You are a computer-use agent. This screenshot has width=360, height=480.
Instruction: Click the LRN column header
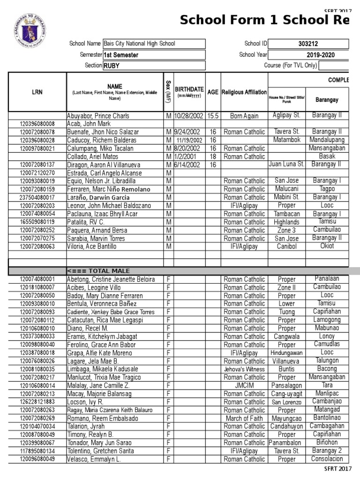37,92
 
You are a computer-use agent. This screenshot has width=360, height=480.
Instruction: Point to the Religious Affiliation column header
244,92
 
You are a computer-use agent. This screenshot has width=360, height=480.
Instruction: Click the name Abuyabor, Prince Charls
98,116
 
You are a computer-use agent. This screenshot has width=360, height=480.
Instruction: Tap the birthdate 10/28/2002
189,116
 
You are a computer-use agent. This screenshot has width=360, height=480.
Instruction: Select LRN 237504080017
37,197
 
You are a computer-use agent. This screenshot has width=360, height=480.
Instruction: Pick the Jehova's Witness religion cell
244,369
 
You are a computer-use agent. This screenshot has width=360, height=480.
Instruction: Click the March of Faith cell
244,418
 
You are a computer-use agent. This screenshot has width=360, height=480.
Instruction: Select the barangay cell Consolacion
327,459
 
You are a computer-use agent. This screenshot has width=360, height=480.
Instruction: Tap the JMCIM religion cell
244,385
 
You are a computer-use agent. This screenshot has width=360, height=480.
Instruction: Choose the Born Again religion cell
244,116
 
